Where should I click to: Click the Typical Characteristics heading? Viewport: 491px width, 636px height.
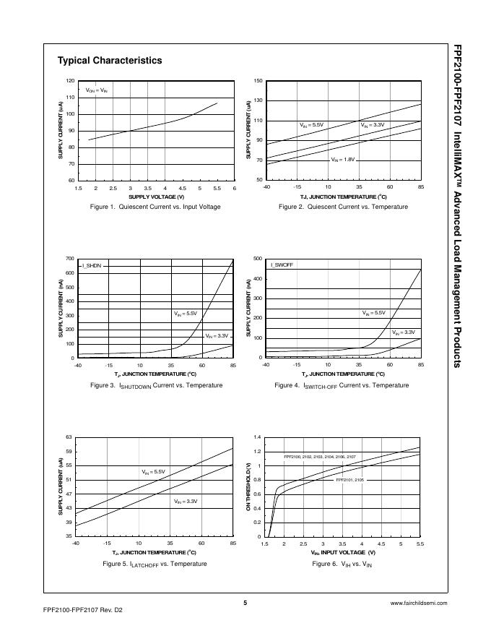[x=110, y=61]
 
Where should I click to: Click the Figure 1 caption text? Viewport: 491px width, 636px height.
[x=156, y=207]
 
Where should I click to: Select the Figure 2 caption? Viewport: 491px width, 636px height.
[x=343, y=207]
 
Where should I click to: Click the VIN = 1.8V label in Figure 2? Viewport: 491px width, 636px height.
[x=343, y=159]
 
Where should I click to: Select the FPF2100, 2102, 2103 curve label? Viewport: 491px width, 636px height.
[x=319, y=457]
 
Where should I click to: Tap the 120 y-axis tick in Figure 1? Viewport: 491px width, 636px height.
[x=69, y=80]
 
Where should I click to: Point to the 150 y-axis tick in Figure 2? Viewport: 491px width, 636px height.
[x=258, y=80]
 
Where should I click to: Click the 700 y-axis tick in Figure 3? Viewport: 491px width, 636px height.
[x=69, y=258]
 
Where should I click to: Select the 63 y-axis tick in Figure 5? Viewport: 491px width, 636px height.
[x=69, y=437]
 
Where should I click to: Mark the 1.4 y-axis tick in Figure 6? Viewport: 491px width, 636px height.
[x=257, y=437]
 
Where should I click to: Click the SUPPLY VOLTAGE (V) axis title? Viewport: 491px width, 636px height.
[x=156, y=197]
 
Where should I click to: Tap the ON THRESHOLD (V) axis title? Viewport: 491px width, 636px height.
[x=248, y=487]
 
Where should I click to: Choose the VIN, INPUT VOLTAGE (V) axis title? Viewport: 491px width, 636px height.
[x=343, y=552]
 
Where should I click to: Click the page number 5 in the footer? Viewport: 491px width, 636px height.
[x=245, y=602]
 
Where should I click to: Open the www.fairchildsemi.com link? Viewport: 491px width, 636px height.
[x=418, y=603]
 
